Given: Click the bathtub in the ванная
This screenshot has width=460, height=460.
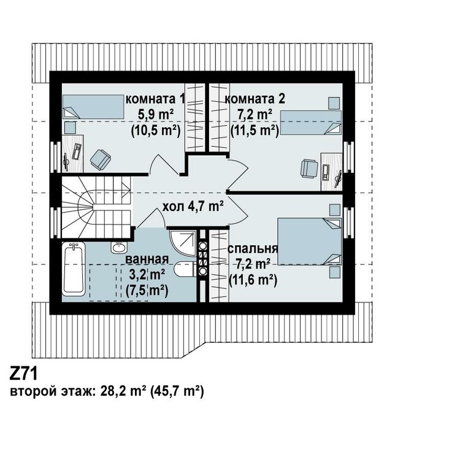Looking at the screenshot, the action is click(74, 268).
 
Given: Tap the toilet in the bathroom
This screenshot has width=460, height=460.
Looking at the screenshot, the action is click(184, 269).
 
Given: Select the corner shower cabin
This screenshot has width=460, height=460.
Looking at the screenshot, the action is click(183, 243).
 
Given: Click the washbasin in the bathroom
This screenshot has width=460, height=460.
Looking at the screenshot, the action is click(119, 247).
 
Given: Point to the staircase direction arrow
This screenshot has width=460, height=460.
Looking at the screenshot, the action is click(105, 191).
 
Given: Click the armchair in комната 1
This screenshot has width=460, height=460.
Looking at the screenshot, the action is click(101, 159).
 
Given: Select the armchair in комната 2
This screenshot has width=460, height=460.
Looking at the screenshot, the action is click(309, 169).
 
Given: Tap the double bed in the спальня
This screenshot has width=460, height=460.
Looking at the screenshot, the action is click(310, 241).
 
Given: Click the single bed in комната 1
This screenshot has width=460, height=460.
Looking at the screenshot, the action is click(93, 107).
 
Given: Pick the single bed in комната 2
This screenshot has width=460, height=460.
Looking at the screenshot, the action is click(311, 122).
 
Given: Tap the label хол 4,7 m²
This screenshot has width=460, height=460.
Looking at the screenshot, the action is click(193, 207).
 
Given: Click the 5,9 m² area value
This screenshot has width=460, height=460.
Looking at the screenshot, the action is click(156, 115).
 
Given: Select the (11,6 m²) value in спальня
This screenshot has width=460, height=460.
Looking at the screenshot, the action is click(253, 280).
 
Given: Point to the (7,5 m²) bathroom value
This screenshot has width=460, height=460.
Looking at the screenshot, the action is click(147, 291).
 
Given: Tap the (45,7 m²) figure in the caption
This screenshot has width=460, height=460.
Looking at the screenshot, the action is click(177, 391).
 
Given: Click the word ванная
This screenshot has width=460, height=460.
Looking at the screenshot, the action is click(147, 259).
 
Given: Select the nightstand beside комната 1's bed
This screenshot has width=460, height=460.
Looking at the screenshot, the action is click(70, 128).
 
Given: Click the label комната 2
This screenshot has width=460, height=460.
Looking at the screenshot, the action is click(255, 99).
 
